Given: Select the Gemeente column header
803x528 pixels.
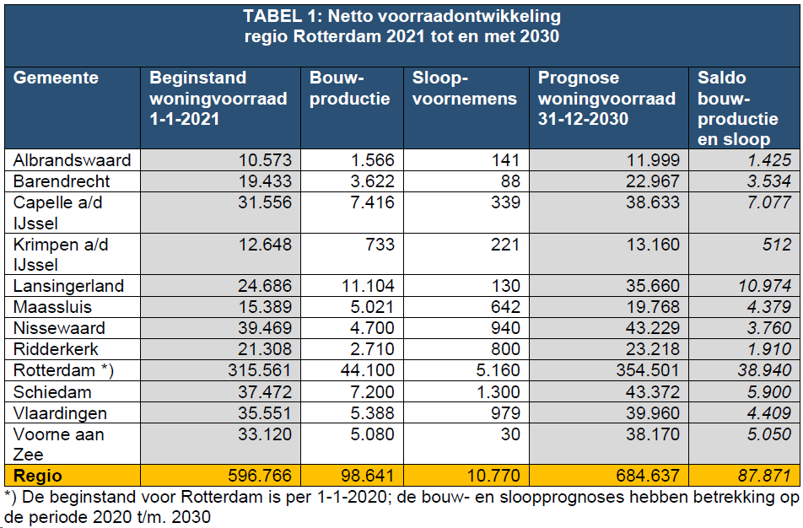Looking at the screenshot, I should click(57, 78).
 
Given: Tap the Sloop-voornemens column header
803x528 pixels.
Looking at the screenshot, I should click(464, 89).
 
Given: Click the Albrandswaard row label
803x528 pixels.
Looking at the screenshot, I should click(73, 160).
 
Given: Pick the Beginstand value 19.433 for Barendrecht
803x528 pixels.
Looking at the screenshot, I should click(262, 181).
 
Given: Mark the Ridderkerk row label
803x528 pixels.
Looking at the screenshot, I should click(57, 349).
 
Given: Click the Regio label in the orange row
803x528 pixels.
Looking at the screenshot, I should click(38, 476).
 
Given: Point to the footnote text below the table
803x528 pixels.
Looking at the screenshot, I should click(401, 506).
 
